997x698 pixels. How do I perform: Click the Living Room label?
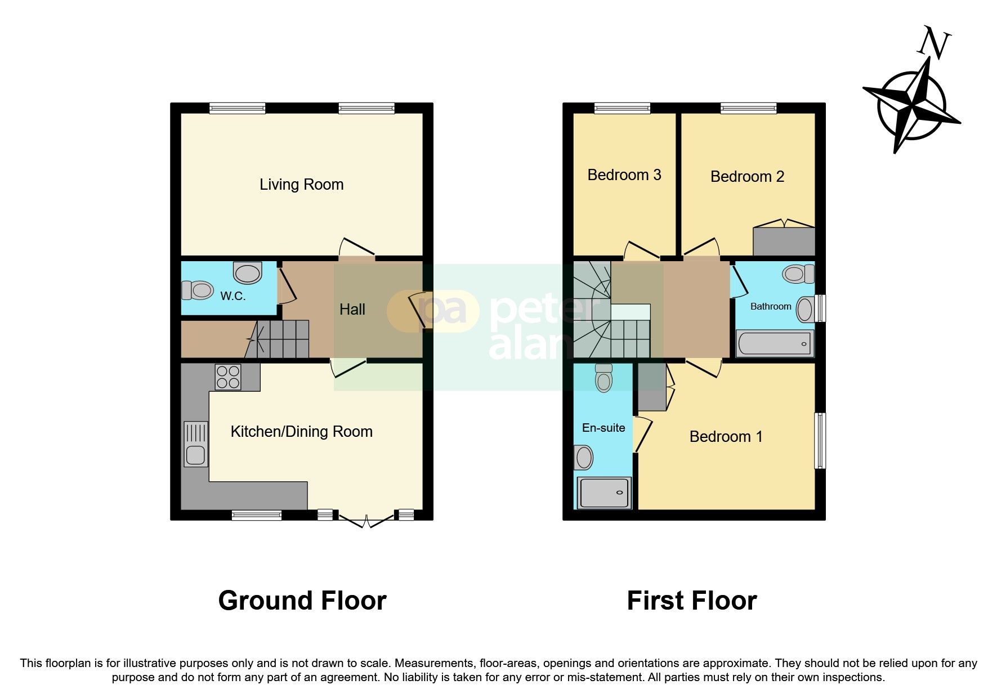point(301,185)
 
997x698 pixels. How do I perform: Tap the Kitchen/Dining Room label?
point(301,432)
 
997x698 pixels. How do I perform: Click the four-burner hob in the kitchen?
point(227,377)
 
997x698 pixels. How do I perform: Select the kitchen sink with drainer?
point(195,444)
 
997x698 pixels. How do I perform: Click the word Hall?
point(352,309)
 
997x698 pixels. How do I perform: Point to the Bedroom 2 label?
point(747,177)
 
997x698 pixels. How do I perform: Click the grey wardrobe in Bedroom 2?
point(784,241)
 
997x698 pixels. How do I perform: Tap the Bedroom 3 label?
point(624,175)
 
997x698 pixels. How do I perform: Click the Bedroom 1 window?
point(820,441)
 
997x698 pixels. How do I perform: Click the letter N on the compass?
point(935,44)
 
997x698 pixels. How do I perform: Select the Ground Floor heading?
point(302,601)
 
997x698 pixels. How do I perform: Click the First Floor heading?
point(691,601)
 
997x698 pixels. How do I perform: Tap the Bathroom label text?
point(771,306)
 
